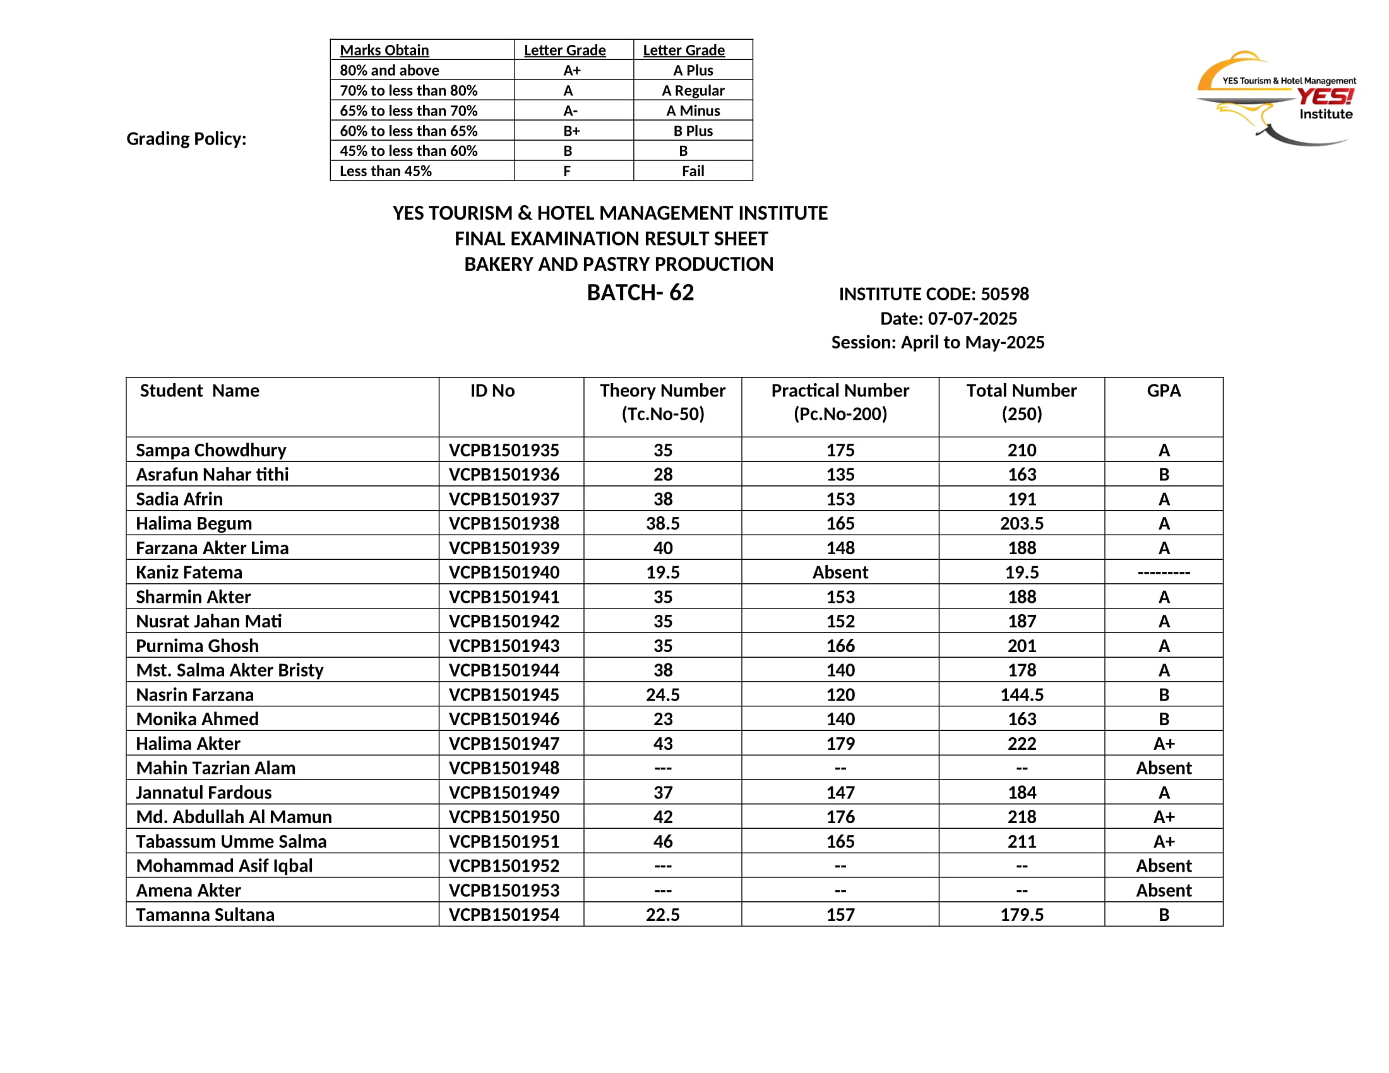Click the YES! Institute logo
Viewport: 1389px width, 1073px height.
point(1275,98)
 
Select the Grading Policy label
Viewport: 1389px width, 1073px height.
point(186,139)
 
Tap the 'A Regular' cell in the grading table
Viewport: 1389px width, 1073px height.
point(693,90)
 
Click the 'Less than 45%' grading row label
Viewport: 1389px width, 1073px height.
point(385,171)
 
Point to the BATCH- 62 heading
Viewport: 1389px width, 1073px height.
point(640,292)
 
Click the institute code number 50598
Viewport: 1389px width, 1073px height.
point(1004,293)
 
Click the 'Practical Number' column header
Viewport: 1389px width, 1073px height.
point(840,390)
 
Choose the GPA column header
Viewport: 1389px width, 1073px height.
point(1163,390)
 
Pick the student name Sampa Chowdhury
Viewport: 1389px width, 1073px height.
point(210,450)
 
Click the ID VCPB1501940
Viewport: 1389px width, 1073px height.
point(504,572)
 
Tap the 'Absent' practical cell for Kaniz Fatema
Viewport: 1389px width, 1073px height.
point(840,572)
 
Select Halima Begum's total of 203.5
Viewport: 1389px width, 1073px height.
point(1022,523)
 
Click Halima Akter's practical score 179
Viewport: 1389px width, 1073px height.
point(840,743)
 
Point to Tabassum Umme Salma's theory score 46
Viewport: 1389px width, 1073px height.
point(662,841)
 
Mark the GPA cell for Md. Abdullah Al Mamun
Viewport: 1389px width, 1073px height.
point(1163,817)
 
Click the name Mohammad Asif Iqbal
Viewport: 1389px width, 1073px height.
point(224,866)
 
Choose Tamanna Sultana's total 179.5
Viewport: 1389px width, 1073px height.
point(1022,915)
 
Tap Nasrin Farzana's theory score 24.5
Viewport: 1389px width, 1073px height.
point(662,695)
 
